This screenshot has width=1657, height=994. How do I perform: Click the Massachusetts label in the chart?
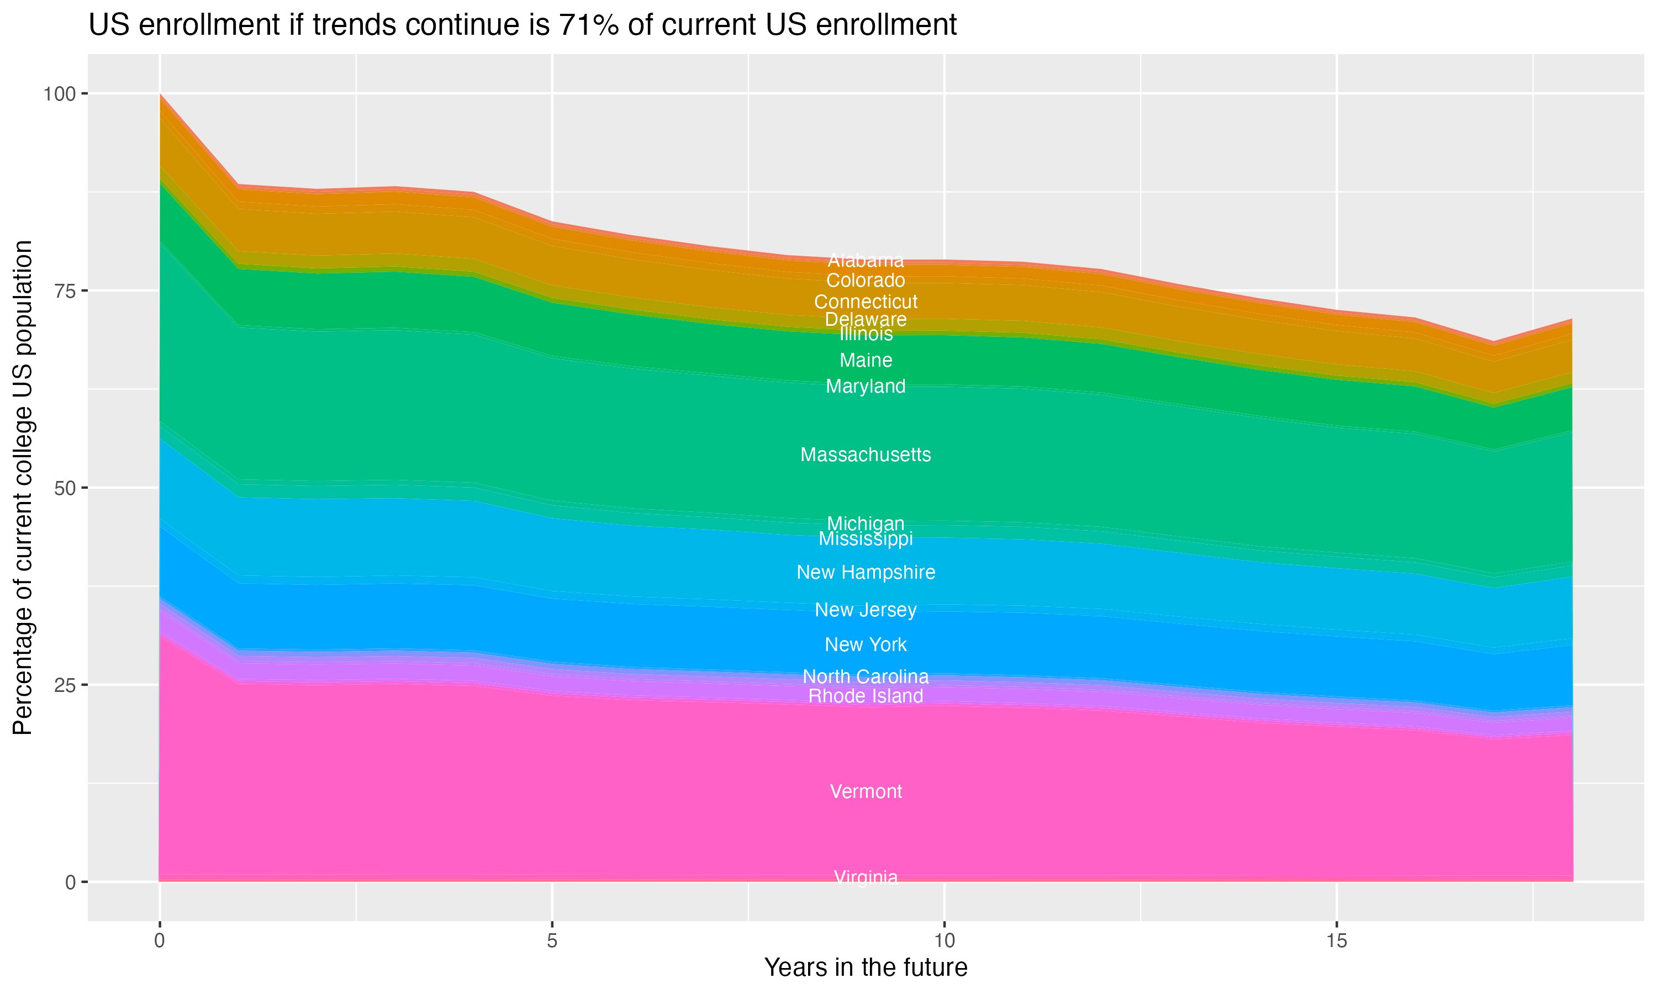coord(866,455)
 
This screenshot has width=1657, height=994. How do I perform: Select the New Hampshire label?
coord(866,572)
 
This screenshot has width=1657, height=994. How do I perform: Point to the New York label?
coord(866,644)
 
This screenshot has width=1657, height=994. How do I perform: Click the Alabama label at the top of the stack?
coord(866,260)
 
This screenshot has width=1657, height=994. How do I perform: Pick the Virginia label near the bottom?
coord(866,877)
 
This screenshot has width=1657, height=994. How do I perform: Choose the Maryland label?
coord(866,387)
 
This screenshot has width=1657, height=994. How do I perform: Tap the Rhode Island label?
coord(866,696)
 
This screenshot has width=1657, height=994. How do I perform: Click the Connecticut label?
coord(866,302)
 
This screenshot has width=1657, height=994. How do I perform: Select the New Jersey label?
coord(866,610)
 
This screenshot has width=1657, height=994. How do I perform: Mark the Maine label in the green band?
coord(866,361)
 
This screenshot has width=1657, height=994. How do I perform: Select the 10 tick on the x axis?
coord(944,941)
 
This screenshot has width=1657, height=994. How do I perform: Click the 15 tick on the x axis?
coord(1336,941)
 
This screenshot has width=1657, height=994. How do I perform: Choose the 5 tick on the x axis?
coord(552,941)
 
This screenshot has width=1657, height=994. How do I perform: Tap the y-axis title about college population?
coord(23,488)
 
